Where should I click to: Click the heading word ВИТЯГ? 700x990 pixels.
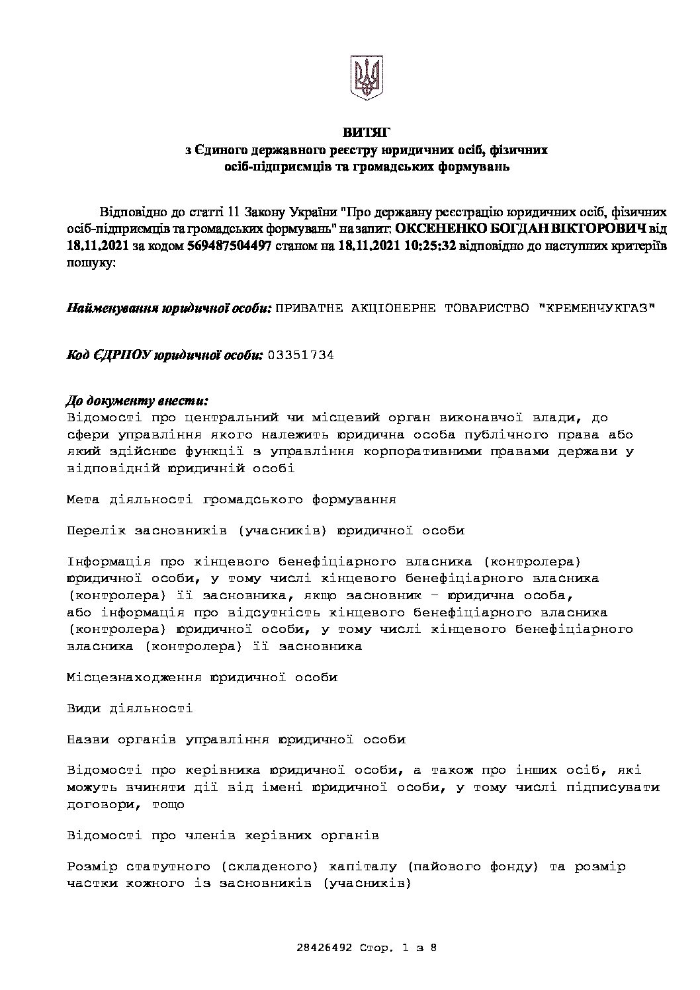tap(366, 134)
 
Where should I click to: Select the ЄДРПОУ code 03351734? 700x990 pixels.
tap(300, 355)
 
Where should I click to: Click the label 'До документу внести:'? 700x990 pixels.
tap(138, 401)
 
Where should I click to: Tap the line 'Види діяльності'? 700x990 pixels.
tap(130, 708)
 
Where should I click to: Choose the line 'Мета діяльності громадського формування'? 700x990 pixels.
tap(232, 499)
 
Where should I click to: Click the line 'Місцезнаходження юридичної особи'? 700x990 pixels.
tap(202, 677)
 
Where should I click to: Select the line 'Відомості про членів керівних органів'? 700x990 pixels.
tap(223, 835)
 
